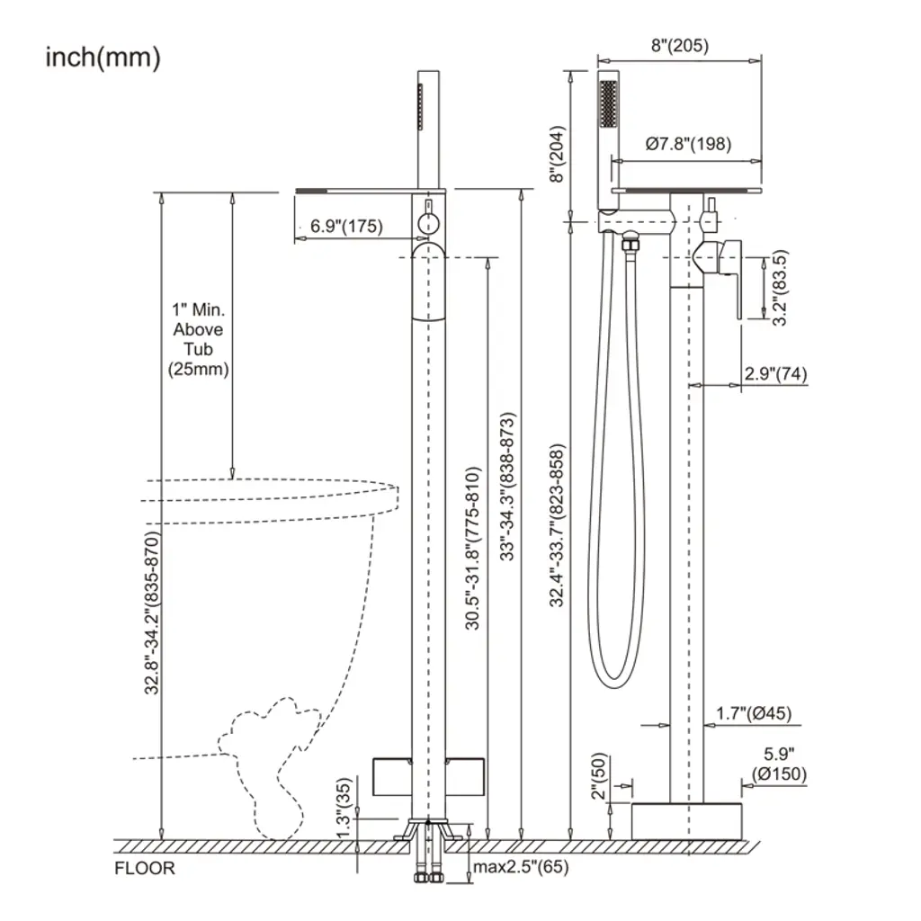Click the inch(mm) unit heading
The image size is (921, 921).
(103, 58)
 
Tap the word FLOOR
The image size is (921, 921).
(145, 868)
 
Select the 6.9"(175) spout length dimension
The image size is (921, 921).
(346, 226)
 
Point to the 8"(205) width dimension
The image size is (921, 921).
(680, 45)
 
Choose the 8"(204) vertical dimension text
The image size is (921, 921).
(557, 154)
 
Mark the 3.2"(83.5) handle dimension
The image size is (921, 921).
(780, 288)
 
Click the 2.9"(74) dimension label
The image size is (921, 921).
(775, 373)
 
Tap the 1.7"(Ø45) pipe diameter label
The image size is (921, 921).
(754, 713)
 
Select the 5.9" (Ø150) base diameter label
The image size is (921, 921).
(780, 764)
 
